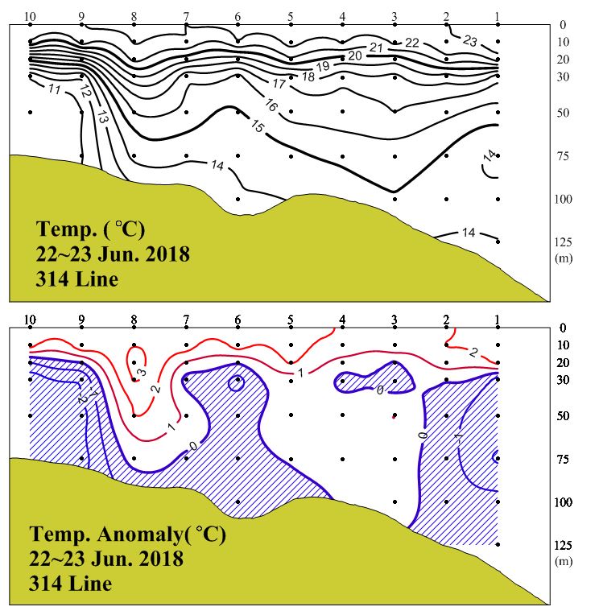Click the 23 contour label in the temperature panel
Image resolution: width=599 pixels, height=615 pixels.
pyautogui.click(x=471, y=41)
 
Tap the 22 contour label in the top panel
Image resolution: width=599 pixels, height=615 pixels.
pyautogui.click(x=411, y=43)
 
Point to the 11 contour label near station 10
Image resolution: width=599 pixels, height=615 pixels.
pyautogui.click(x=55, y=89)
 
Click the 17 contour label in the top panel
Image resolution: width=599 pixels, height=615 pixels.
pyautogui.click(x=279, y=84)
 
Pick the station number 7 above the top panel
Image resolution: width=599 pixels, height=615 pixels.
pyautogui.click(x=186, y=17)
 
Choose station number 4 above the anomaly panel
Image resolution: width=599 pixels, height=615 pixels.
pyautogui.click(x=342, y=320)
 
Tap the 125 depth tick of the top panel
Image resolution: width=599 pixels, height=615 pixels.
pyautogui.click(x=563, y=241)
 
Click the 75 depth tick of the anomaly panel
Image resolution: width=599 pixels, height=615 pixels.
pyautogui.click(x=563, y=459)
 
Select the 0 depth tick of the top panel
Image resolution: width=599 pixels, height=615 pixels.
pyautogui.click(x=563, y=25)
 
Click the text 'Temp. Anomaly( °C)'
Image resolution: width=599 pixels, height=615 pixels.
pyautogui.click(x=127, y=535)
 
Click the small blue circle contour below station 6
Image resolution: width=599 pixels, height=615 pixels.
pyautogui.click(x=237, y=383)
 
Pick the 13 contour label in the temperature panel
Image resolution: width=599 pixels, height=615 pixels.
pyautogui.click(x=102, y=116)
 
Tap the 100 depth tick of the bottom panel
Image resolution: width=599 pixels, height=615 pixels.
pyautogui.click(x=563, y=502)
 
